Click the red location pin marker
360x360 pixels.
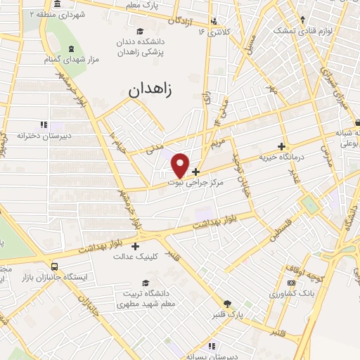181,165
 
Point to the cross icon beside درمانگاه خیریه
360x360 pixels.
282,147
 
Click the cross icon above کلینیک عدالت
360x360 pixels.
135,245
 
